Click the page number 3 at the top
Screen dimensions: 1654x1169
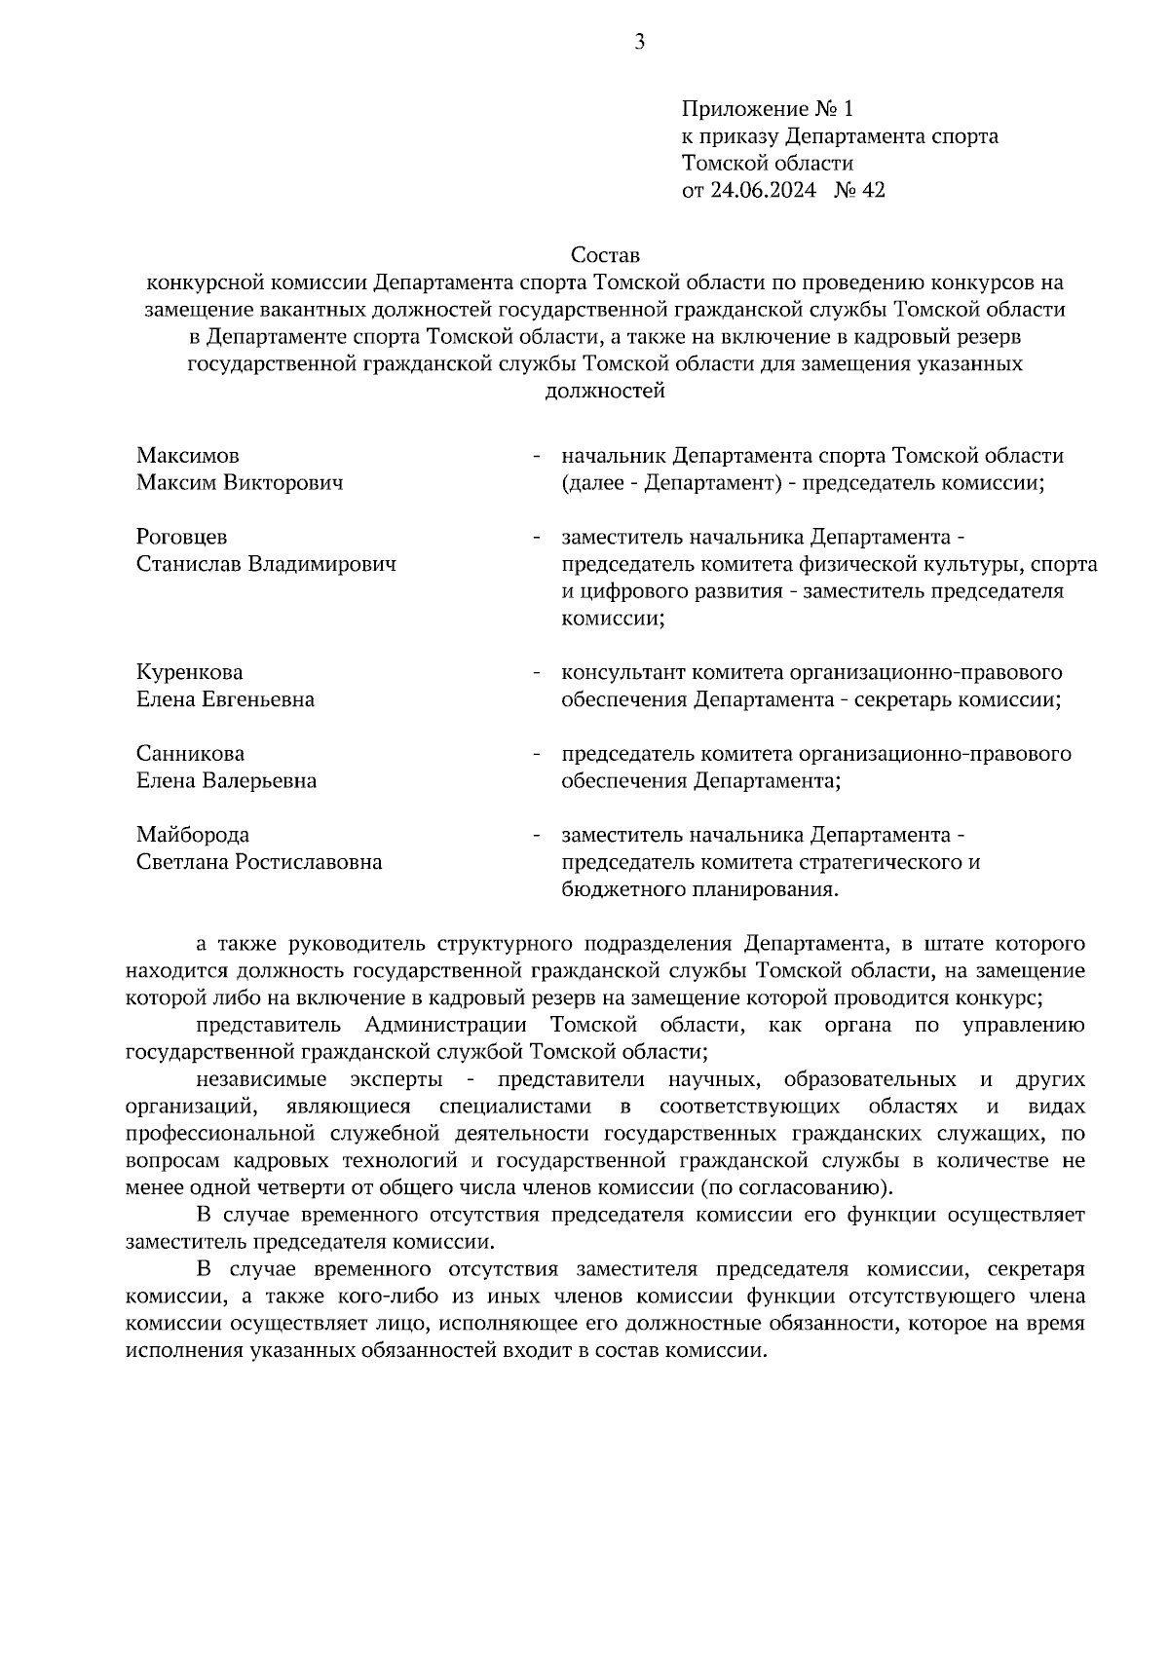(x=639, y=42)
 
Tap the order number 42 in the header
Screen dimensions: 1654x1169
(x=874, y=190)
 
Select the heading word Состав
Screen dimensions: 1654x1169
(x=605, y=256)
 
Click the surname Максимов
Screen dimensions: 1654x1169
(x=188, y=456)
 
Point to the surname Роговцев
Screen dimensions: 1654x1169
(x=182, y=538)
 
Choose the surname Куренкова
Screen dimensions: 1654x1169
(x=190, y=673)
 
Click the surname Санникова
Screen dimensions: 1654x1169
(x=191, y=754)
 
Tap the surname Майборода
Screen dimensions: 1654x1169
(x=193, y=835)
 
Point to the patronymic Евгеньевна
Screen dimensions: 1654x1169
(x=258, y=699)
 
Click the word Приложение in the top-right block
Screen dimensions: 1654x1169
(x=743, y=108)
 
